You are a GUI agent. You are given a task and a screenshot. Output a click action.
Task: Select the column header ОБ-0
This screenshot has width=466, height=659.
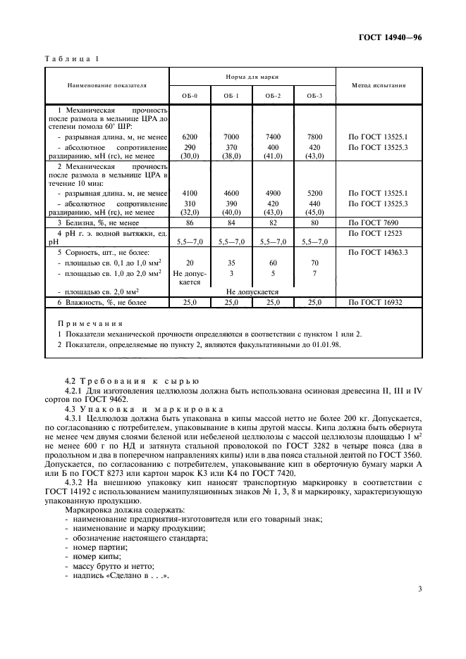(x=190, y=95)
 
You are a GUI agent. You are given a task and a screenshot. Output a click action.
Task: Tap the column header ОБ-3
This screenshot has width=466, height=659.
(x=314, y=95)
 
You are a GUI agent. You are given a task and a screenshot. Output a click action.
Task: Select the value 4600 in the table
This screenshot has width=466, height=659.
(x=231, y=192)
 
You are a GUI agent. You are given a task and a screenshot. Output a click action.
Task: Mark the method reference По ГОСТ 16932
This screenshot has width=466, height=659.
(x=376, y=302)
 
